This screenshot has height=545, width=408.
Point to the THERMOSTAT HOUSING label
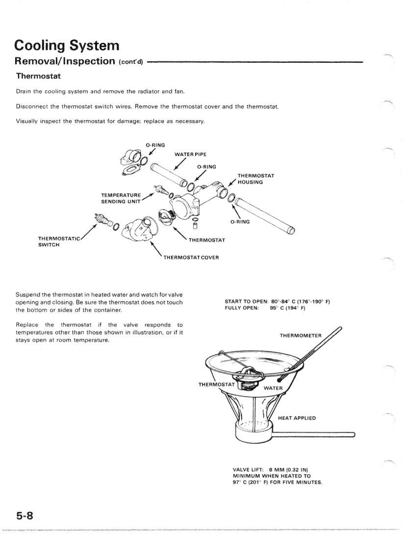[x=255, y=179]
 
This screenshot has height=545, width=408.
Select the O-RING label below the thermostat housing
[x=240, y=221]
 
